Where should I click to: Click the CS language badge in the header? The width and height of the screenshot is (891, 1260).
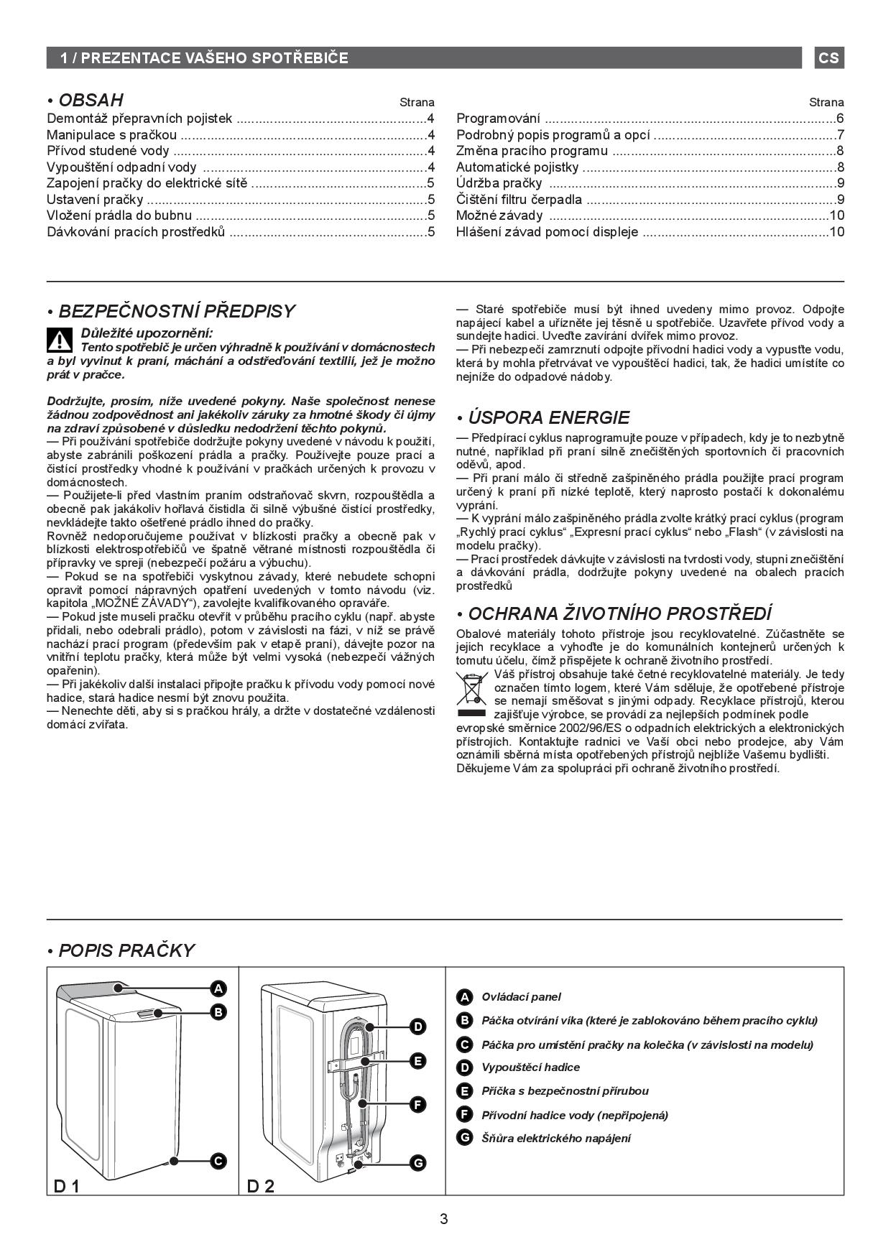coord(828,57)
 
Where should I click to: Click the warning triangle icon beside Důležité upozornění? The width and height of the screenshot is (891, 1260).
coord(60,339)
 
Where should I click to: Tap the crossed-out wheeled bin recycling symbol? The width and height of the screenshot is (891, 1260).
coord(471,688)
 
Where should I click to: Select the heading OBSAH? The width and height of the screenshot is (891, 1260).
coord(91,100)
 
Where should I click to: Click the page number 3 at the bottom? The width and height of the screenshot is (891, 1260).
coord(444,1219)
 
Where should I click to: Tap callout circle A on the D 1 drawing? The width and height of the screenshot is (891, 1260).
coord(218,988)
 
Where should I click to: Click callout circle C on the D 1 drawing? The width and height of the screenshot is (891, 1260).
coord(218,1161)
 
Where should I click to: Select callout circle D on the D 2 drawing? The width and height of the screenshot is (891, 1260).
coord(418,1027)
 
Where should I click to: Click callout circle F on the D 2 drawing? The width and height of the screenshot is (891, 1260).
coord(418,1105)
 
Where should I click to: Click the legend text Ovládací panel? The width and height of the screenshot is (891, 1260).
coord(521,997)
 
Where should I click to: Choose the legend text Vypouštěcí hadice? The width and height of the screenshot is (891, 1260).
coord(530,1067)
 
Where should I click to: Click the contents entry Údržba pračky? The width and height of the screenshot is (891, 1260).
coord(499,183)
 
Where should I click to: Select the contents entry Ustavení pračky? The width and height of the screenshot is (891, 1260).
coord(95,200)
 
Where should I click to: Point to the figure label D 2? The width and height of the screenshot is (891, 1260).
coord(261,1186)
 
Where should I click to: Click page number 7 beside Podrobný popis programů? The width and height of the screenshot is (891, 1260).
coord(840,134)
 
